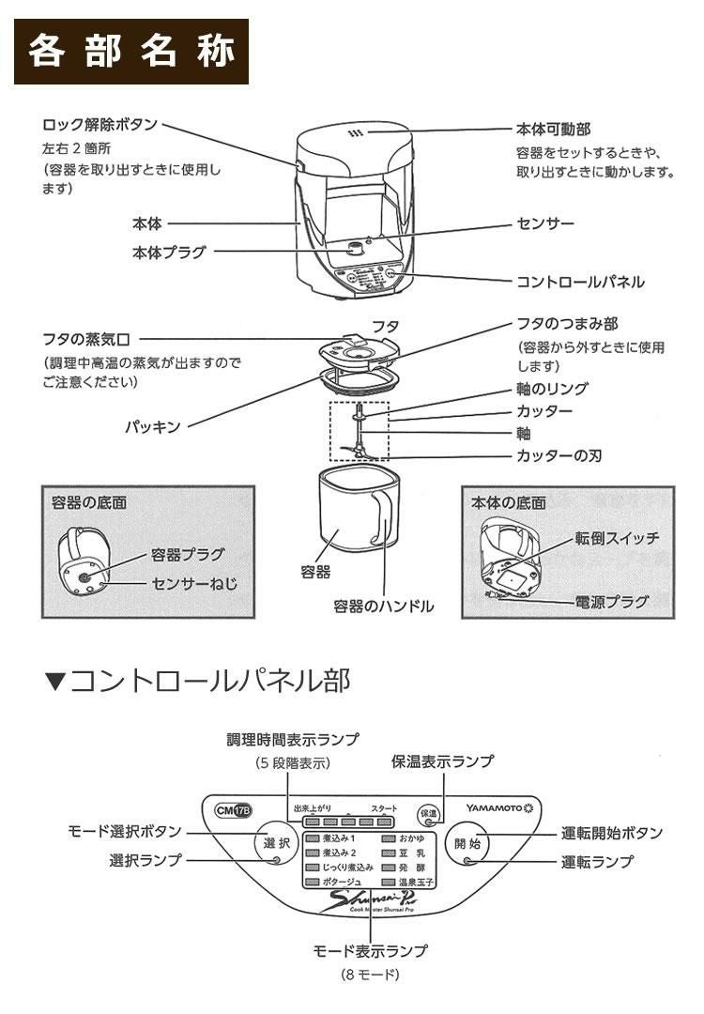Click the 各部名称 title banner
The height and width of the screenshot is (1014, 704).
131,52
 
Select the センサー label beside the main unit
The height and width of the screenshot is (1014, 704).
545,224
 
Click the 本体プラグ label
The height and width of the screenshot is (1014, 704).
169,252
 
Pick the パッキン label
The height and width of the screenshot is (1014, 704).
153,426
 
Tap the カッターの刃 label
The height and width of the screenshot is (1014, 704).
559,456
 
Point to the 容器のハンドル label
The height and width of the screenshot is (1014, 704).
384,606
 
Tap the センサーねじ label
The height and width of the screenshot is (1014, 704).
194,583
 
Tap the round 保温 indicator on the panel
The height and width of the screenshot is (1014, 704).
428,814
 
